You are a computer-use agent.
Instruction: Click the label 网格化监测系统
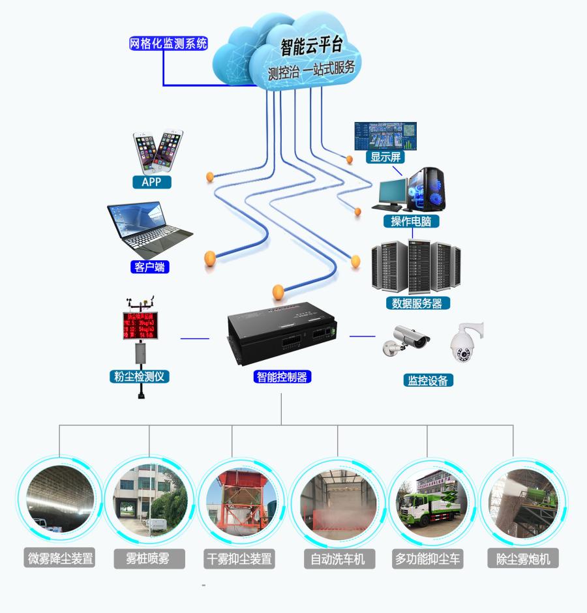click(168, 44)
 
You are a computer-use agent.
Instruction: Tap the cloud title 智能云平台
click(312, 47)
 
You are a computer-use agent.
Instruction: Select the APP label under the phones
click(151, 182)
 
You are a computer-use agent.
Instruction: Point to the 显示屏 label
click(385, 157)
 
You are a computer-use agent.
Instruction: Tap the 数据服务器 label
click(417, 303)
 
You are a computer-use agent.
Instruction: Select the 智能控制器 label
click(281, 376)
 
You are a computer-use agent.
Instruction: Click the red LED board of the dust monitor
click(140, 325)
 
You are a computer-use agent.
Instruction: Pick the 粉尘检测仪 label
click(139, 376)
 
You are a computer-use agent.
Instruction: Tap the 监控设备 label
click(428, 381)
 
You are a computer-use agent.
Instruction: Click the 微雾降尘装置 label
click(60, 559)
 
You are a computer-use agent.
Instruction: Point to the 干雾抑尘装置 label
click(239, 559)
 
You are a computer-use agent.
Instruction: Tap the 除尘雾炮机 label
click(523, 559)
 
